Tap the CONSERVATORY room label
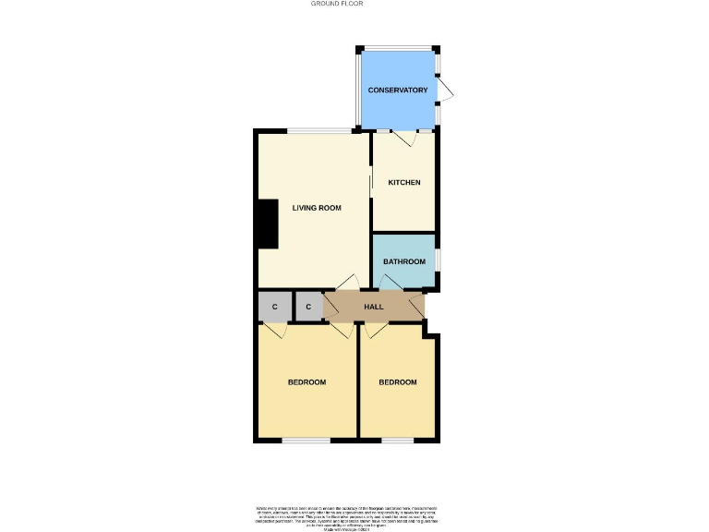[398, 90]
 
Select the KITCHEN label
[404, 182]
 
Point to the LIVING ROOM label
[317, 208]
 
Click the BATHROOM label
[404, 261]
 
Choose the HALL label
[374, 306]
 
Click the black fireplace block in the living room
[267, 224]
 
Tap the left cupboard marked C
[274, 306]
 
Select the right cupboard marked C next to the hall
[308, 306]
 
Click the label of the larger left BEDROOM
[306, 382]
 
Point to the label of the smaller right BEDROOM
[398, 382]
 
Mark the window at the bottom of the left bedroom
[306, 440]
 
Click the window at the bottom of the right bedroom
[397, 440]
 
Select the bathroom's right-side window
[437, 260]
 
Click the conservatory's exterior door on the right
[445, 90]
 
